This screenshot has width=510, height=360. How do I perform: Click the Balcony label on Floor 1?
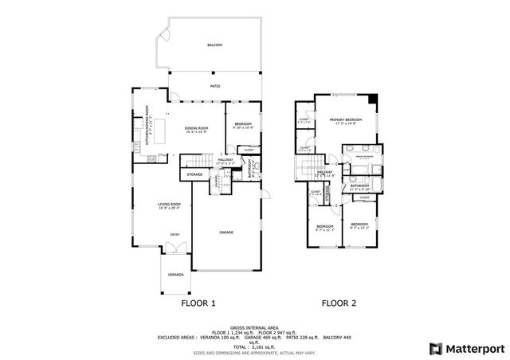click(x=214, y=45)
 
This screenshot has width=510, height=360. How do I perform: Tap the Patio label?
click(x=214, y=85)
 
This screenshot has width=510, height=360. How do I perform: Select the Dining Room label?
click(x=196, y=128)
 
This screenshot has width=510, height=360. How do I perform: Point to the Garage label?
click(x=227, y=232)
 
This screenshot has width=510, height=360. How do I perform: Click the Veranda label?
click(x=175, y=275)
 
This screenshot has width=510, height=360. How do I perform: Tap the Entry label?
click(x=175, y=234)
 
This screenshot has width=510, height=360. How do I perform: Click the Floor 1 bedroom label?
click(x=242, y=123)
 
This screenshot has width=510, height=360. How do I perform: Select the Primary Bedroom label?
click(x=344, y=119)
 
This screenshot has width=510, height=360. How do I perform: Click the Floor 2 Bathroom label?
click(x=359, y=185)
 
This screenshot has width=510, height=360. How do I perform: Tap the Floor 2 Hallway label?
click(x=325, y=172)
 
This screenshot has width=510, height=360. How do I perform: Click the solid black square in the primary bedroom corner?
click(x=375, y=99)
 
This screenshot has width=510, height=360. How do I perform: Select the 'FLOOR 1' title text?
click(x=197, y=303)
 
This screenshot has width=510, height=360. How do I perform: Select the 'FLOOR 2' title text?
click(x=339, y=303)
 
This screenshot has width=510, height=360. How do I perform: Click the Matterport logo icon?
click(x=434, y=347)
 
